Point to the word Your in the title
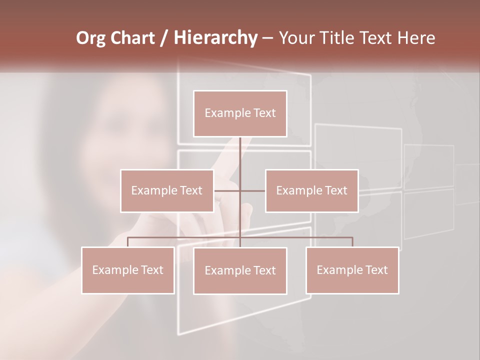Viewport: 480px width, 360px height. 295,38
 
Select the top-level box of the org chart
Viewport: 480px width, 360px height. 240,113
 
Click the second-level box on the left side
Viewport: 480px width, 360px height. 167,190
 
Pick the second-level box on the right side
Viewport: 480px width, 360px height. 311,190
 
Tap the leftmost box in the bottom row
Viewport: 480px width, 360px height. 128,270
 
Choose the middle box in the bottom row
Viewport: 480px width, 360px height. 240,271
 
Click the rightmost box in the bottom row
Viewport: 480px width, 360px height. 352,270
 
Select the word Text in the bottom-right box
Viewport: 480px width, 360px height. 374,270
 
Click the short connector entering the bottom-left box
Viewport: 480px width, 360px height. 128,242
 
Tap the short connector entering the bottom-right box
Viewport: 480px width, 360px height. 352,242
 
